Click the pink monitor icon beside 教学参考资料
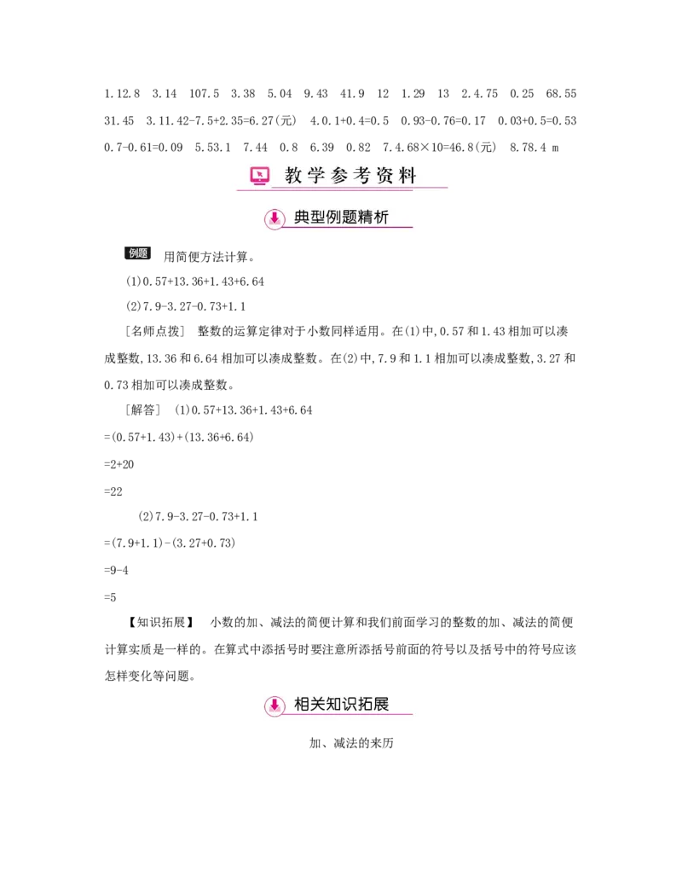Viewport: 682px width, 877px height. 259,176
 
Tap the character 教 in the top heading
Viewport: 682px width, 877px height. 293,176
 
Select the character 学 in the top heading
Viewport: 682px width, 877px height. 317,176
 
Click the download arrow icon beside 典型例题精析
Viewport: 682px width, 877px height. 275,218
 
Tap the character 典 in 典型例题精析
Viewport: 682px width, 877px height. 302,218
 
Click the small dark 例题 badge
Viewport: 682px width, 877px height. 139,254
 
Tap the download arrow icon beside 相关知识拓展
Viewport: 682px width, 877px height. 275,706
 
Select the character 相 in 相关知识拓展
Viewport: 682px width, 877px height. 302,705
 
